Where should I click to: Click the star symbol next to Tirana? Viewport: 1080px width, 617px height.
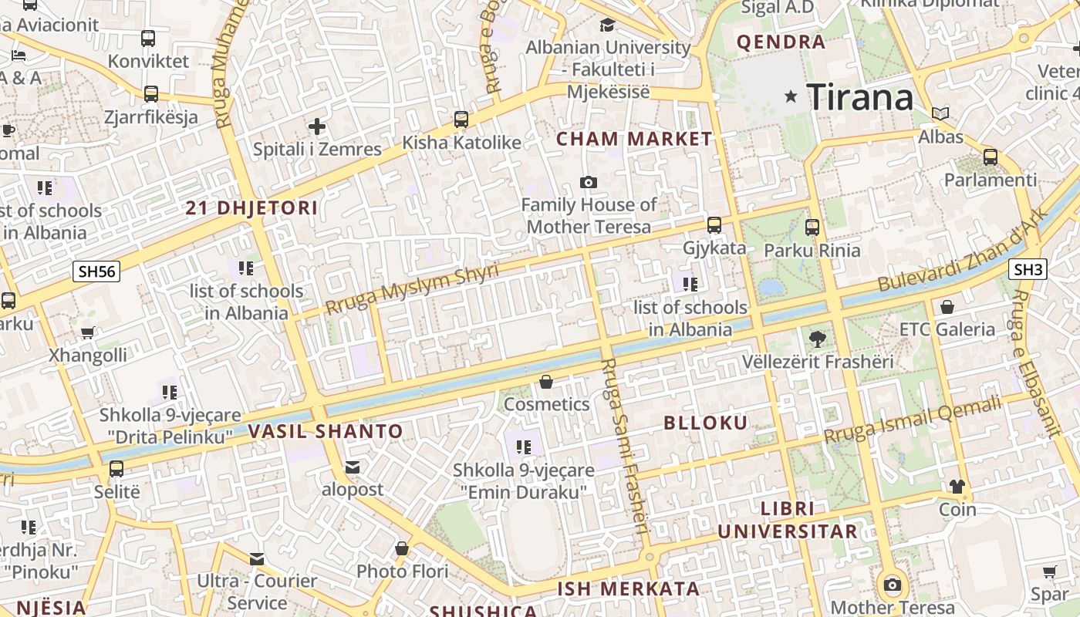click(x=791, y=96)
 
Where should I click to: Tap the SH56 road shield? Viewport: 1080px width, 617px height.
click(x=97, y=271)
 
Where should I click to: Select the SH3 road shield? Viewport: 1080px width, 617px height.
click(x=1028, y=269)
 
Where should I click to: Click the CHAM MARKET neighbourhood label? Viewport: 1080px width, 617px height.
click(x=634, y=140)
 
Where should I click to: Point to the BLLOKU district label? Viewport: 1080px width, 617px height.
click(x=705, y=423)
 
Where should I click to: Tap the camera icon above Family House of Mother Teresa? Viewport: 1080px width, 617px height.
click(x=589, y=183)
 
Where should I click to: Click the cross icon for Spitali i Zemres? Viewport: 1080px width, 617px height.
click(x=317, y=126)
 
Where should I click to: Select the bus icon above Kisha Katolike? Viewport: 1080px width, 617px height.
click(x=461, y=120)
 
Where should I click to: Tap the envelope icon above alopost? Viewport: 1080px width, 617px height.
click(x=353, y=467)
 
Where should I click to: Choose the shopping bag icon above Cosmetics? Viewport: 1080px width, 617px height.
click(x=546, y=382)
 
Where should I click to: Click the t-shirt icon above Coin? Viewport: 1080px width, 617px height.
click(x=957, y=487)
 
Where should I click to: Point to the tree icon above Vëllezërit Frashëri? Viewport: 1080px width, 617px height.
click(x=817, y=339)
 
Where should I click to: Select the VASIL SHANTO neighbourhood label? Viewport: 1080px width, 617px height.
click(x=326, y=431)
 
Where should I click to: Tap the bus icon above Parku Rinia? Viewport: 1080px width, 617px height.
click(x=812, y=228)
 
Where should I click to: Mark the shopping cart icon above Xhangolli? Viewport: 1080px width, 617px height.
click(x=87, y=333)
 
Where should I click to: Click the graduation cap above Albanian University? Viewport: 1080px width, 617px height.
click(x=607, y=25)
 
